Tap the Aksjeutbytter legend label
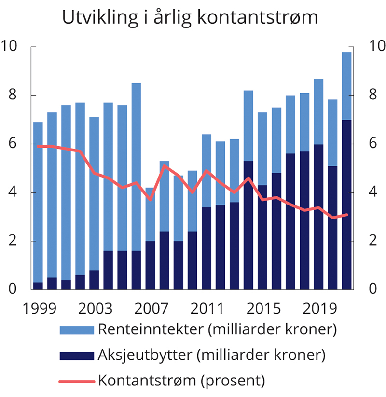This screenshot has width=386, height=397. pos(212,355)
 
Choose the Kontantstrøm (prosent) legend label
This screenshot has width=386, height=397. pos(182,380)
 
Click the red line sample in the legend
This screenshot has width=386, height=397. pos(76,381)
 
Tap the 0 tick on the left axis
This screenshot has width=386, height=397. pos(13,289)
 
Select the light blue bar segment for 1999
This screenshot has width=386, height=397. pos(38,203)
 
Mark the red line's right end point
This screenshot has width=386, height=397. pos(346,215)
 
